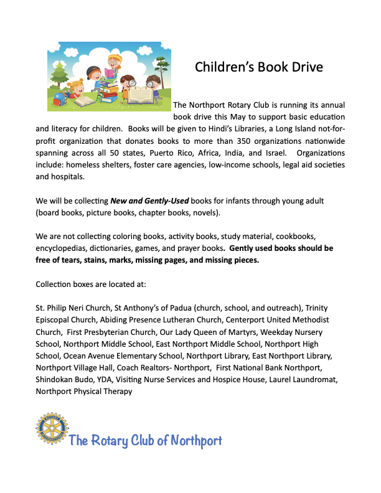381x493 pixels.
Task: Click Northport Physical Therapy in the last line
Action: click(84, 391)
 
